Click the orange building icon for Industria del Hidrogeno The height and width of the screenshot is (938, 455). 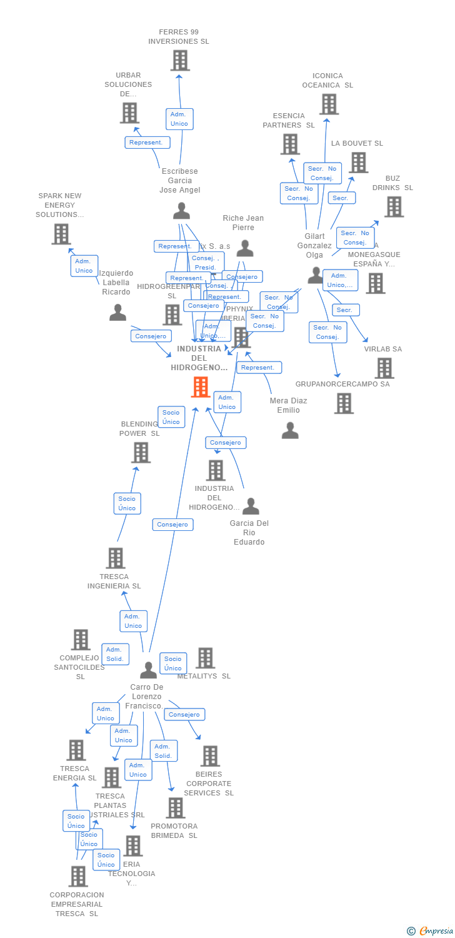(x=200, y=387)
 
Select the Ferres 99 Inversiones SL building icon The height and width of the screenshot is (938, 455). (x=180, y=61)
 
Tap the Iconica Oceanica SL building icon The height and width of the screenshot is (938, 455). (x=329, y=104)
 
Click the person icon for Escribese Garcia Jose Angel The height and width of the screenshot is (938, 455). (x=181, y=211)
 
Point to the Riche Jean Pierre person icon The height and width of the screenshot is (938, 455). (x=245, y=248)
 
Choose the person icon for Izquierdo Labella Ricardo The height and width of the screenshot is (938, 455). (x=117, y=312)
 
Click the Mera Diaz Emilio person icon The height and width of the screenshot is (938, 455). (x=290, y=430)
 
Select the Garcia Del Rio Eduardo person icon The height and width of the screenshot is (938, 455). (x=251, y=506)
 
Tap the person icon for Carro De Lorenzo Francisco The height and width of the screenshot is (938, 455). (x=148, y=670)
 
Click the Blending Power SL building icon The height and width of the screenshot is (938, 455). (x=141, y=452)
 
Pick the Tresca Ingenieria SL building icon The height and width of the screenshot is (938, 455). (x=115, y=558)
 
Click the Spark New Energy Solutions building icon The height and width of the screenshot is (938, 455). (x=61, y=234)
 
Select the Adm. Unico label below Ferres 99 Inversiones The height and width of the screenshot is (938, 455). (x=179, y=119)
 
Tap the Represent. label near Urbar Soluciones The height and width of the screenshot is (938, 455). (x=147, y=143)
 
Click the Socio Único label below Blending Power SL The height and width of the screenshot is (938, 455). (x=127, y=503)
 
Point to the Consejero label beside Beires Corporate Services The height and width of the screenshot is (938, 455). (x=184, y=714)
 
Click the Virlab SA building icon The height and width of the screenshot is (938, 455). (x=384, y=368)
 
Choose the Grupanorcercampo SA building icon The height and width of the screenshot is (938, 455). (x=343, y=403)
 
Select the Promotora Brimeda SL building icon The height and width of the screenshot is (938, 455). (x=176, y=808)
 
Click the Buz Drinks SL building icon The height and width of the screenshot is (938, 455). (x=394, y=207)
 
